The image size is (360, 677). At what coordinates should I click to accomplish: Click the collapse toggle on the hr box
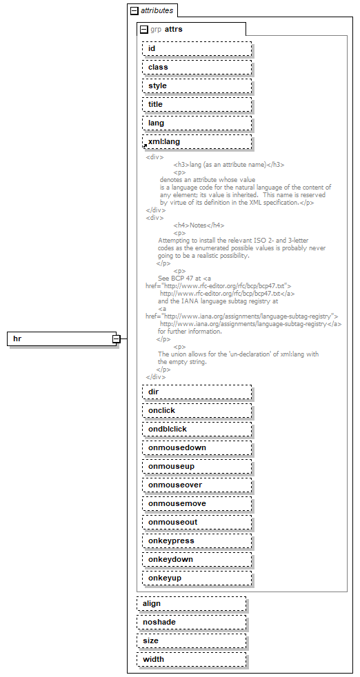click(x=117, y=339)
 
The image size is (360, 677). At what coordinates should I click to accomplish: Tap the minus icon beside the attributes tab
click(x=134, y=11)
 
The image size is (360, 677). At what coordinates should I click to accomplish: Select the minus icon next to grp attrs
click(x=143, y=30)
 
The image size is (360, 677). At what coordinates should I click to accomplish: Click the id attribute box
click(x=197, y=48)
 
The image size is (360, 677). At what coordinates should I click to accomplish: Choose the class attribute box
click(x=197, y=67)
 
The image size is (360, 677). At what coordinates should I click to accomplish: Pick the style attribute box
click(x=197, y=85)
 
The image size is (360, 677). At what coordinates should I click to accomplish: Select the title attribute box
click(x=197, y=104)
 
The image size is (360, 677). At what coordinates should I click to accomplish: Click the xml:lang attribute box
click(x=197, y=141)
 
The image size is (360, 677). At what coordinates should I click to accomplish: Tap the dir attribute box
click(x=197, y=392)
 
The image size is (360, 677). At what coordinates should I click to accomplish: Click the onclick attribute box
click(x=197, y=410)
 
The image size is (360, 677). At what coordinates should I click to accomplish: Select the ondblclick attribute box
click(x=197, y=429)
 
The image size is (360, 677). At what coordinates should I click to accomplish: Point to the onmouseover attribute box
click(x=197, y=485)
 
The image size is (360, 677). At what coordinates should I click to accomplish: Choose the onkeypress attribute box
click(x=197, y=540)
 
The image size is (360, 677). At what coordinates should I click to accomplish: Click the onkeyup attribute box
click(x=197, y=578)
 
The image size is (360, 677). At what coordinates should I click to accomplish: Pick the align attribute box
click(x=191, y=603)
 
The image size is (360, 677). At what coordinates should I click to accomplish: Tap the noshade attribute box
click(x=191, y=622)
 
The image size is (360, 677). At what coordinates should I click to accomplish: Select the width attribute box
click(x=191, y=659)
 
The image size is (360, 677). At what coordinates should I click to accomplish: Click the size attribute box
click(x=191, y=640)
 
